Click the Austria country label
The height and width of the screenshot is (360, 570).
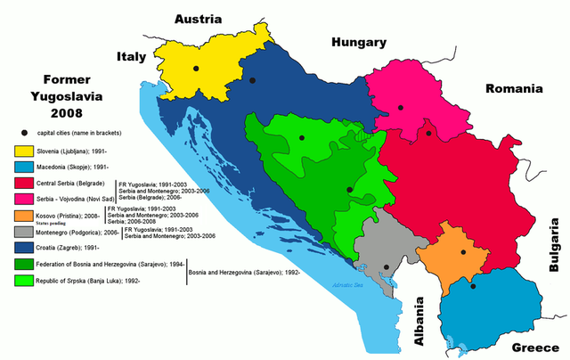203,19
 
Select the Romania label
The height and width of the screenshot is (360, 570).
513,89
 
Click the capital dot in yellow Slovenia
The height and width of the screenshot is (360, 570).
196,68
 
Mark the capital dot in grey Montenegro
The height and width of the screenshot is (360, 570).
386,267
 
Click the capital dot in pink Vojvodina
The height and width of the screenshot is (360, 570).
401,107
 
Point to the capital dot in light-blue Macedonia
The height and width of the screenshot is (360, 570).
473,286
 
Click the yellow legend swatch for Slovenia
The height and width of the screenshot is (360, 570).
22,151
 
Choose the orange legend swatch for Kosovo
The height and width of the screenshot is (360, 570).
22,216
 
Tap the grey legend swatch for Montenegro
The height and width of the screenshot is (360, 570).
22,232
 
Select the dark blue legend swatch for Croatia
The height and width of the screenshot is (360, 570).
22,249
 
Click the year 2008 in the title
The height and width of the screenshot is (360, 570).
55,113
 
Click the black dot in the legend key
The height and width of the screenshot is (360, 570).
22,133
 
